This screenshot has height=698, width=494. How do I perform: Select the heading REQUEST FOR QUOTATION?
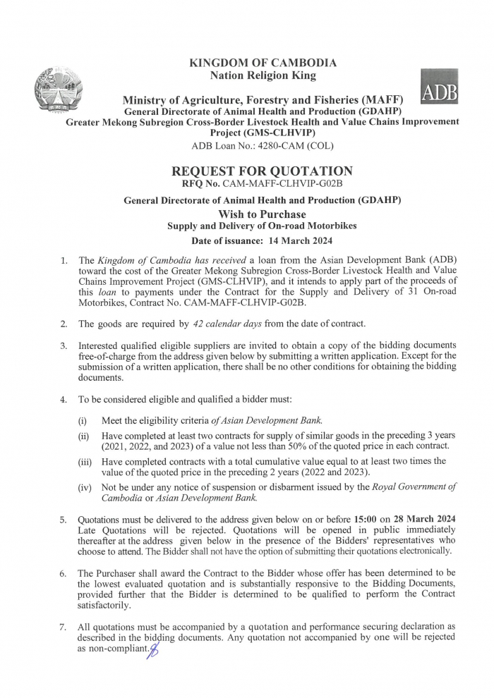[263, 171]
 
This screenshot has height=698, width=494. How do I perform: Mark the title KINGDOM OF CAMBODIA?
[263, 63]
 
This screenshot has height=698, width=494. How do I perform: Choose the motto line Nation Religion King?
[263, 75]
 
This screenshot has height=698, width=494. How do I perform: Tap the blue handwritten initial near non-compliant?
[152, 650]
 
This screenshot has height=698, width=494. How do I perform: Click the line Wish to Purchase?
[263, 214]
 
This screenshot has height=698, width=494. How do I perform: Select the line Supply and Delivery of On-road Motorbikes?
[263, 226]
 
